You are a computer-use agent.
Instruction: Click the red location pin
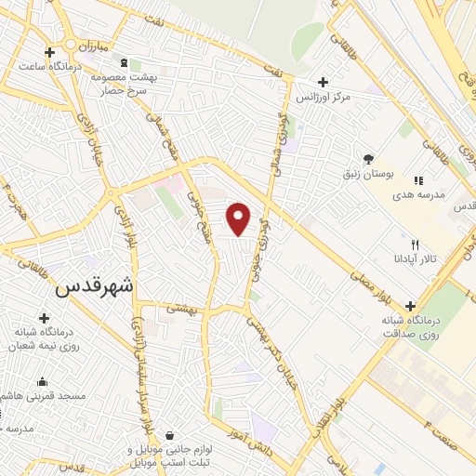click(x=240, y=219)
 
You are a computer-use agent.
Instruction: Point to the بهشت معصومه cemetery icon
click(x=125, y=63)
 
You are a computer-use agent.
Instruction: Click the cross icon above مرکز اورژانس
click(x=322, y=82)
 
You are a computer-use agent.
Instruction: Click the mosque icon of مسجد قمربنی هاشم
click(x=43, y=380)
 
